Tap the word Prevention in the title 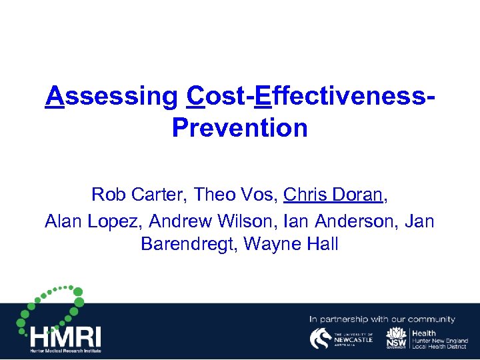coord(239,127)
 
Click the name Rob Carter coord(139,195)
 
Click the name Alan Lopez coord(93,220)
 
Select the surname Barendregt coord(189,245)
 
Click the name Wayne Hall coord(291,245)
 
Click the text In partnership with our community coord(382,319)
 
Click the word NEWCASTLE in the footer coord(353,340)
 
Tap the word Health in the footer coord(424,333)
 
